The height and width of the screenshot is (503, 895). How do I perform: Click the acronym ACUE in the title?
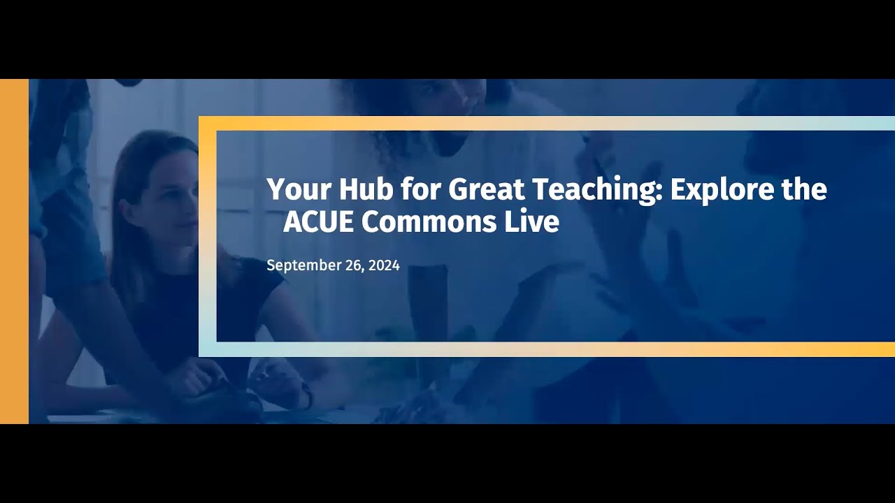(319, 221)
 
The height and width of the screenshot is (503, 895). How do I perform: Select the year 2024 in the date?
(384, 265)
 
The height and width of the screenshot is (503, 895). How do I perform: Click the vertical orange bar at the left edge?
(14, 251)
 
